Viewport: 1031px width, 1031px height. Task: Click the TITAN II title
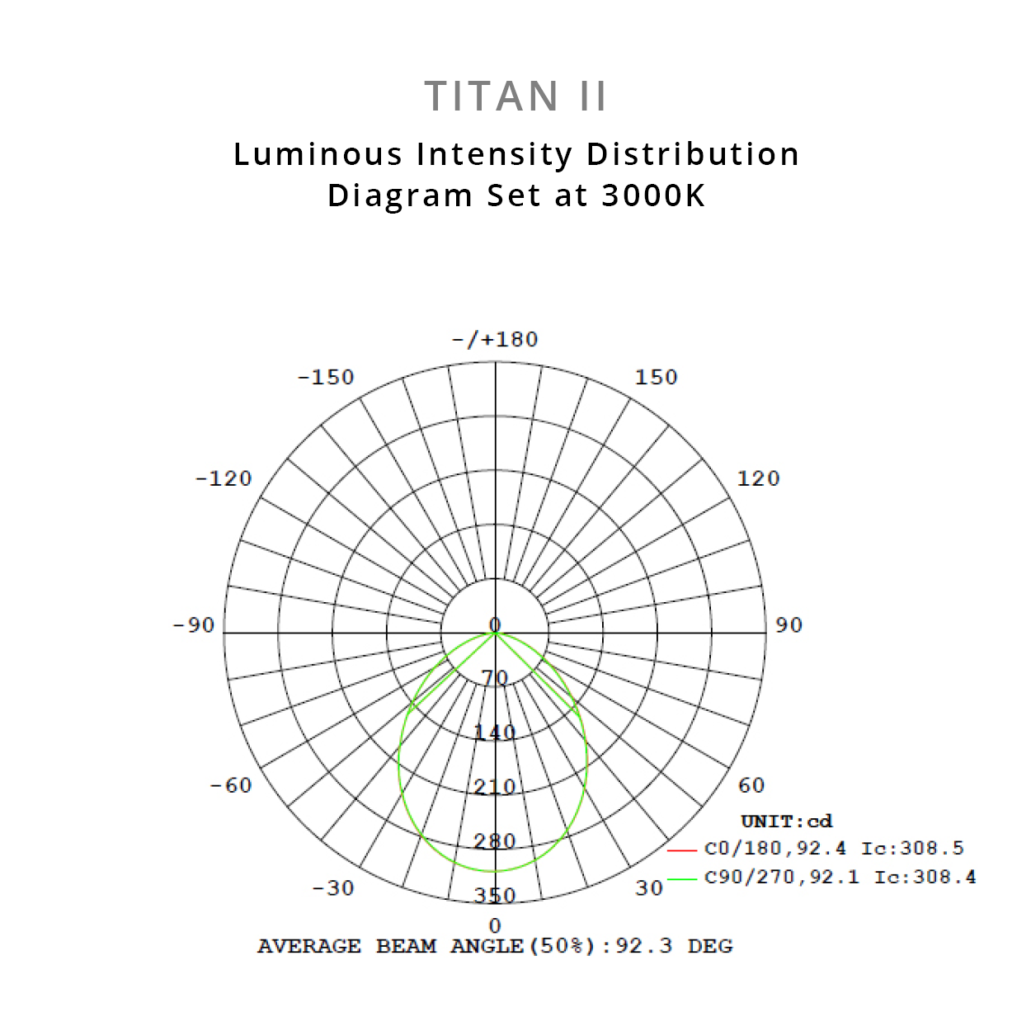pos(515,97)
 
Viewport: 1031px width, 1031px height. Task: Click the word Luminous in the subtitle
pos(318,154)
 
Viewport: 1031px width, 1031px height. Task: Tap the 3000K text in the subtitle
pos(653,195)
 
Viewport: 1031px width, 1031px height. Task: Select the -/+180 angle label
pos(495,339)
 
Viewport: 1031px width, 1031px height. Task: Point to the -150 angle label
pos(326,377)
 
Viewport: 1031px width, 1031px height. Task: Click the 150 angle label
pos(657,377)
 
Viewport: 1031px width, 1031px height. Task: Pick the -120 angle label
pos(223,478)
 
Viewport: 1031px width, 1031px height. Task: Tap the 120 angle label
pos(759,478)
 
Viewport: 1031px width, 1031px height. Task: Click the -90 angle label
pos(193,625)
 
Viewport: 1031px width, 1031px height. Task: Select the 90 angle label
pos(789,625)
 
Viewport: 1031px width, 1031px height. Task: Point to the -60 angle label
pos(231,785)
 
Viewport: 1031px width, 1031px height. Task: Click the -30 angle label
pos(332,888)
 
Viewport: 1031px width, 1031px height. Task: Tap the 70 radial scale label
pos(495,678)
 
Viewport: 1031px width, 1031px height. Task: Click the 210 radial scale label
pos(495,787)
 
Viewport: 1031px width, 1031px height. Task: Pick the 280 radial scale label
pos(495,841)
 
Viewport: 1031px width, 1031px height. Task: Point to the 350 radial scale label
pos(495,896)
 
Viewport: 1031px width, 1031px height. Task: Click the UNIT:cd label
pos(787,822)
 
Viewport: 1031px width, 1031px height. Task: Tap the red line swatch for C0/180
pos(682,850)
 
